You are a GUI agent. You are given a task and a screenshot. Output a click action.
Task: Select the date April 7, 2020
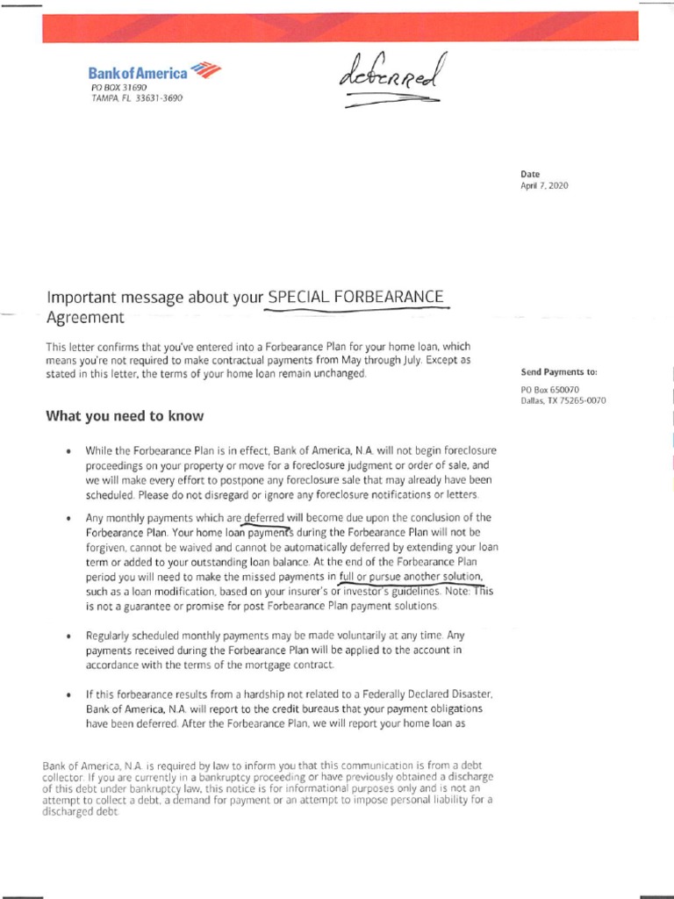click(544, 186)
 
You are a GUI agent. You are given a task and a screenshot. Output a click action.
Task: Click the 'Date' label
click(530, 174)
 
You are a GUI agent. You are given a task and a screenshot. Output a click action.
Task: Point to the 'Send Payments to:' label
click(558, 372)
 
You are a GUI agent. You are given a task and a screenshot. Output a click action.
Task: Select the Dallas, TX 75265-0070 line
click(563, 400)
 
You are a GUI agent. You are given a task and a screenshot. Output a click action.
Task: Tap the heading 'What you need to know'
click(125, 416)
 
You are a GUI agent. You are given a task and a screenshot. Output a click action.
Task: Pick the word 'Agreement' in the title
click(85, 317)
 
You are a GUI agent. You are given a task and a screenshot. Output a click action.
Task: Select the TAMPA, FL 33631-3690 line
click(137, 98)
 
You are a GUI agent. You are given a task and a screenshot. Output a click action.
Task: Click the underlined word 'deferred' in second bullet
click(265, 517)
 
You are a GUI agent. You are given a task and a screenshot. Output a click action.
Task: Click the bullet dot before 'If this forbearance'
click(68, 694)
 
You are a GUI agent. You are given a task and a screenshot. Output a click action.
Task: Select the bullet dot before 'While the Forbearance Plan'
click(68, 450)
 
